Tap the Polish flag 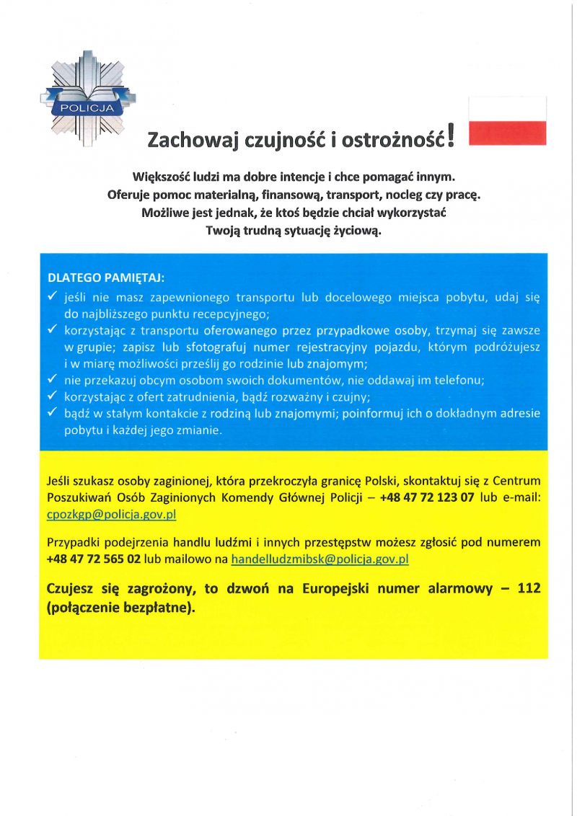(507, 121)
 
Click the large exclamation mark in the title (451, 135)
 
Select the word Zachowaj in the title (184, 140)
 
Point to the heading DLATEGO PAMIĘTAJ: (106, 278)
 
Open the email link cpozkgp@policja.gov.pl (111, 515)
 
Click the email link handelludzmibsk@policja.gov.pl (320, 559)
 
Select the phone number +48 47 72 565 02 (93, 559)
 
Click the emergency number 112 (528, 589)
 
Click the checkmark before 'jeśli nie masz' (52, 296)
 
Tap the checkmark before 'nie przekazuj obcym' (52, 380)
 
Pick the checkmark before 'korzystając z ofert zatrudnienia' (52, 396)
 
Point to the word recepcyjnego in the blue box (234, 314)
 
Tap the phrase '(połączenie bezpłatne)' (120, 608)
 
